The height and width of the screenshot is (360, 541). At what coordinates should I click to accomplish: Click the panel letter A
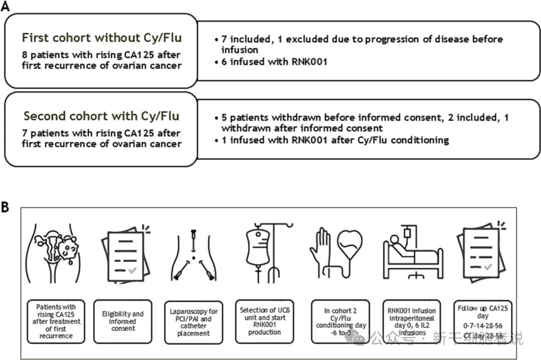(x=6, y=6)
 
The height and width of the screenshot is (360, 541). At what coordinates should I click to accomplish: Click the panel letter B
(x=6, y=207)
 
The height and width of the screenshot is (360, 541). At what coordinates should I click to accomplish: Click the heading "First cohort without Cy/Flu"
(x=102, y=38)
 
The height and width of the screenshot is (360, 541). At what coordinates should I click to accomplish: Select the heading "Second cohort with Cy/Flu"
(x=101, y=116)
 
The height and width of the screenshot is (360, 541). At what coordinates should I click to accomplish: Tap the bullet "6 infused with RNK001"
(x=265, y=62)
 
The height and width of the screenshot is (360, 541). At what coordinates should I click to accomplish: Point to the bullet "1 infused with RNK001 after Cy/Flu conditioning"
(x=331, y=140)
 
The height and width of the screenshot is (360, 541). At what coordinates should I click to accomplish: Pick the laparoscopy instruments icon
(x=193, y=252)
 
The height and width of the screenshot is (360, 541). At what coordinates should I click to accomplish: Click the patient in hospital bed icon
(x=412, y=253)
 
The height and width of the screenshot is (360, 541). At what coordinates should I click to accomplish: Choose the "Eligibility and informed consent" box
(x=123, y=321)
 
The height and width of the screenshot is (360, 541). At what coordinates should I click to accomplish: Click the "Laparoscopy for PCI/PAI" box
(x=193, y=321)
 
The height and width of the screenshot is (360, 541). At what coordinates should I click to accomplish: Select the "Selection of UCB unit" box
(x=264, y=321)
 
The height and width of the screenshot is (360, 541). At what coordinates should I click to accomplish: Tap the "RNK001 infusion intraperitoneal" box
(x=412, y=321)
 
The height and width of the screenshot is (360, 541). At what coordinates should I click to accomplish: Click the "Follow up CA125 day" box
(x=482, y=321)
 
